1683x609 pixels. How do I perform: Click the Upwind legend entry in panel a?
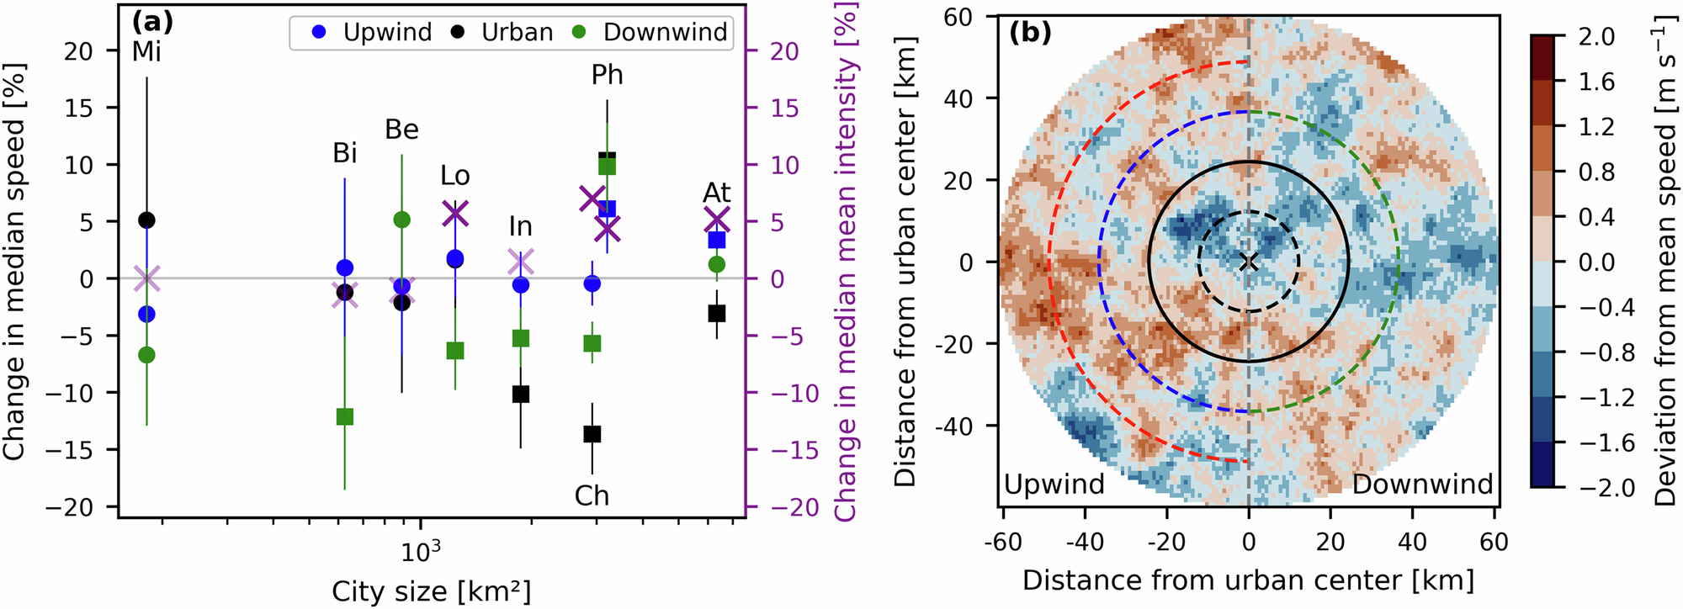coord(371,33)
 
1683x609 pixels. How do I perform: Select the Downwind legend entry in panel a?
coord(648,33)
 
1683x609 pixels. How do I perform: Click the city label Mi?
coord(146,52)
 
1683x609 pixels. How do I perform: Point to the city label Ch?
coord(592,495)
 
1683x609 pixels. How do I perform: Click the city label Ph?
coord(607,76)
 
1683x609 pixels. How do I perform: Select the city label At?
coord(716,193)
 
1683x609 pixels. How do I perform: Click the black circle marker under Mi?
coord(146,220)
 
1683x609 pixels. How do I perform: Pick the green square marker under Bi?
coord(344,416)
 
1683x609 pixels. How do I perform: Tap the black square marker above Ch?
coord(592,434)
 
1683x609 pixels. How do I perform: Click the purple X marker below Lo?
coord(454,214)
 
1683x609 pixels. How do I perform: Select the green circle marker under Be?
coord(401,220)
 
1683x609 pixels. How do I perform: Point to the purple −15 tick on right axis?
coord(794,450)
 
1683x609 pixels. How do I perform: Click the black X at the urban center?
coord(1248,262)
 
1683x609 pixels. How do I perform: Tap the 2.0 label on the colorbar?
coord(1597,37)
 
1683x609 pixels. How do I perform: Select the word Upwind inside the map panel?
coord(1054,485)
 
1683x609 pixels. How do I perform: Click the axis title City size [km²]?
coord(431,590)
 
